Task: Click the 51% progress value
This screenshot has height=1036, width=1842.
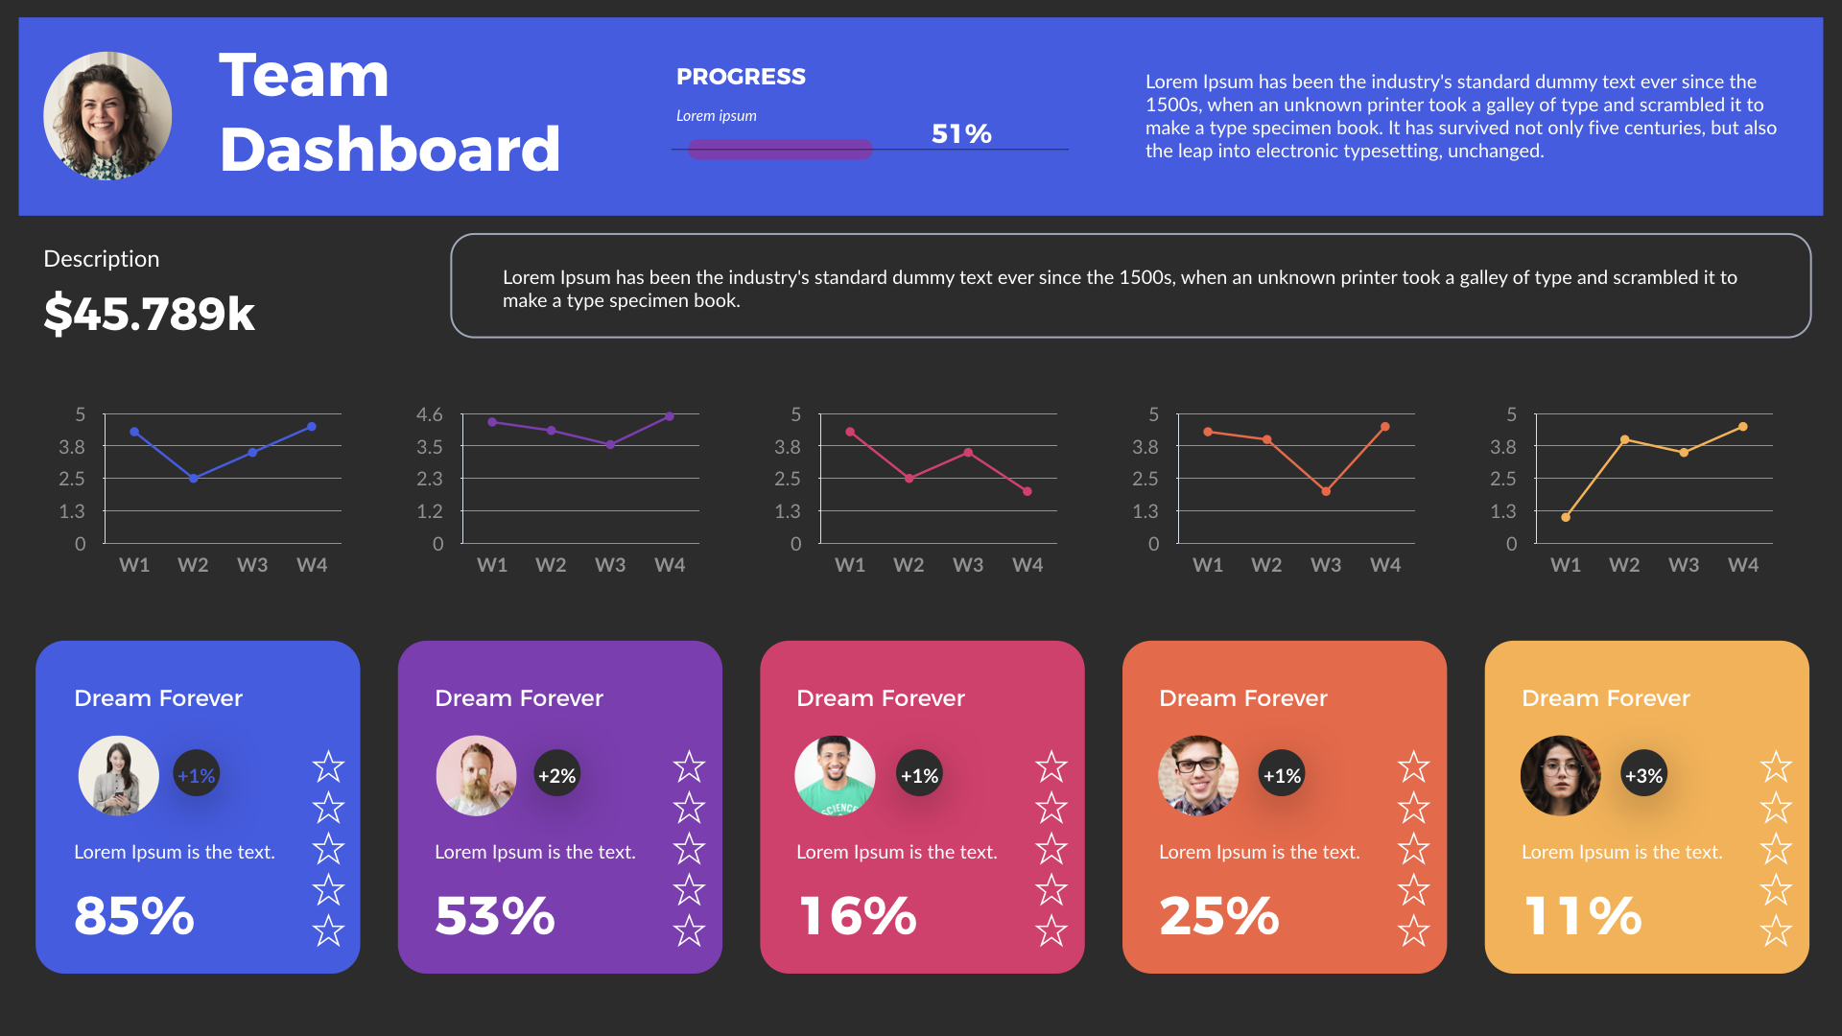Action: tap(960, 133)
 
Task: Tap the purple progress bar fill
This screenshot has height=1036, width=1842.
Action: tap(779, 150)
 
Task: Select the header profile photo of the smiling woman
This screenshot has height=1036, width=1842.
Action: tap(107, 116)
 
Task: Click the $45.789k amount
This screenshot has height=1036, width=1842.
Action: tap(150, 314)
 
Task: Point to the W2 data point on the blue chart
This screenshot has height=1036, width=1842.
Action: tap(194, 478)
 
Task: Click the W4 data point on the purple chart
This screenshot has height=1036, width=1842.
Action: tap(670, 416)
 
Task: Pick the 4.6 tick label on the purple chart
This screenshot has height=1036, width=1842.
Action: tap(429, 414)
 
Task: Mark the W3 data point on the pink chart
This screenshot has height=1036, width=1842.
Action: tap(968, 453)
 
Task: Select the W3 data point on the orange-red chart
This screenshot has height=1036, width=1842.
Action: tap(1326, 491)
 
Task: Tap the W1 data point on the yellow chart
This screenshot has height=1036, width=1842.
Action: tap(1566, 517)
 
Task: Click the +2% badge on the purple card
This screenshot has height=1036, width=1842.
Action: tap(556, 775)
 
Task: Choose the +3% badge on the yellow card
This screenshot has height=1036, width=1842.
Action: tap(1643, 775)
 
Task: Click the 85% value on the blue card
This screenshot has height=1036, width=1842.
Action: tap(134, 915)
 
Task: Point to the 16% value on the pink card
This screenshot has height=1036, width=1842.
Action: tap(858, 915)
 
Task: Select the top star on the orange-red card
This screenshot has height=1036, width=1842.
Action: tap(1413, 766)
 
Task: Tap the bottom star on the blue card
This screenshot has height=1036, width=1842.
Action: tap(328, 930)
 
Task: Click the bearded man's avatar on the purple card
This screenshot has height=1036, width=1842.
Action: tap(476, 775)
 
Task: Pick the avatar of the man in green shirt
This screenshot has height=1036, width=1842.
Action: tap(835, 775)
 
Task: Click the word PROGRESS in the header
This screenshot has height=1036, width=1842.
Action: tap(741, 77)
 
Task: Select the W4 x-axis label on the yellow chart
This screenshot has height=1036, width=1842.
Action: tap(1743, 565)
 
